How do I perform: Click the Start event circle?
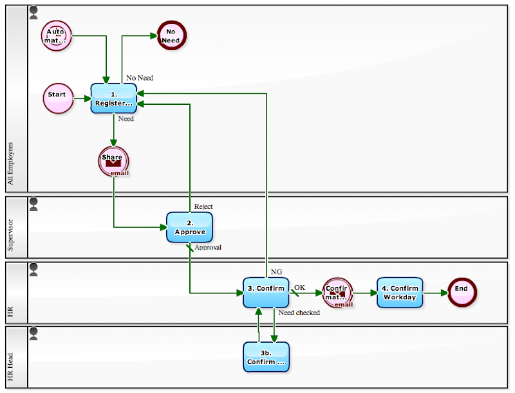click(x=57, y=98)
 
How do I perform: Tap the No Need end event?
click(x=171, y=35)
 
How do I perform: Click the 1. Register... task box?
click(x=114, y=98)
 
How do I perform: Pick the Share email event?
click(x=113, y=161)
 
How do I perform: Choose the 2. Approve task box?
click(x=190, y=227)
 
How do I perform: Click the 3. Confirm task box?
click(x=266, y=293)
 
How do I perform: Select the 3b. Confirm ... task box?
click(x=266, y=357)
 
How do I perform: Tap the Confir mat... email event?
click(x=337, y=293)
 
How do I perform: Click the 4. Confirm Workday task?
click(x=400, y=293)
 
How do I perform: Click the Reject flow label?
click(x=203, y=206)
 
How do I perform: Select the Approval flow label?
click(x=208, y=247)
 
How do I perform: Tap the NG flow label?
click(x=276, y=271)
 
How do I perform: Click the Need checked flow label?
click(x=299, y=313)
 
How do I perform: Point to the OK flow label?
click(x=300, y=287)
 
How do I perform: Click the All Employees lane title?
click(x=10, y=163)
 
